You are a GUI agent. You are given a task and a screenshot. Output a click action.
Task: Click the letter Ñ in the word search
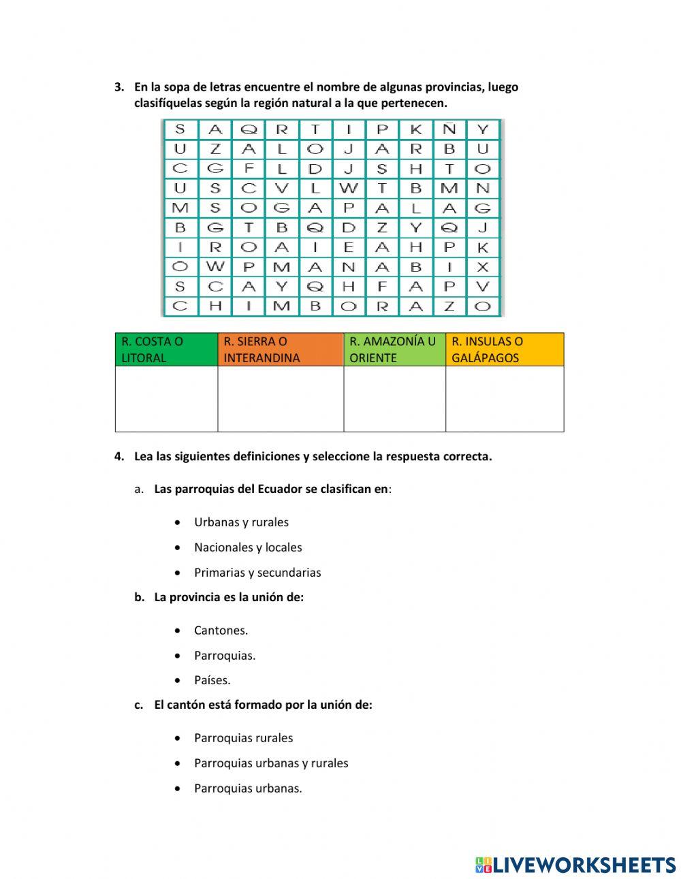click(x=449, y=129)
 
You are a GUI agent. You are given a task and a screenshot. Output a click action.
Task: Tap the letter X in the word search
click(x=483, y=268)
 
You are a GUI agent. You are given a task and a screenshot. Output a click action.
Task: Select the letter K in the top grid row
click(x=416, y=129)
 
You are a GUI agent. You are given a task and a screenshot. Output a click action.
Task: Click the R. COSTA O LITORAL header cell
click(x=166, y=350)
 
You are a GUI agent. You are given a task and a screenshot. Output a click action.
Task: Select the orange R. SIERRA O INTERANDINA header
click(x=280, y=350)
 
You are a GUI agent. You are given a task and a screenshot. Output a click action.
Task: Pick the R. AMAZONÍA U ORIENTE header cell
click(x=394, y=350)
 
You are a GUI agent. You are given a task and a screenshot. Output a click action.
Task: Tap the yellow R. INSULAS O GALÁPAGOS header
click(x=504, y=350)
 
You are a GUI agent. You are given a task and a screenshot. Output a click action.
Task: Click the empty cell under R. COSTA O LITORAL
click(x=166, y=399)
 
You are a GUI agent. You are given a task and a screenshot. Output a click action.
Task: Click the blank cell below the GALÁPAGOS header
click(x=504, y=399)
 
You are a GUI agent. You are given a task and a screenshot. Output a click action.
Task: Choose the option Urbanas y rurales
click(x=241, y=522)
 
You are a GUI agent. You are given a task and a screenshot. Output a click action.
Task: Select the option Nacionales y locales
click(x=248, y=547)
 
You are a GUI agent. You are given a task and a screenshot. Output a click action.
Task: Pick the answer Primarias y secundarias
click(x=257, y=573)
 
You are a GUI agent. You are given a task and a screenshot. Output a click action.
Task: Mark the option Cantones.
click(x=221, y=630)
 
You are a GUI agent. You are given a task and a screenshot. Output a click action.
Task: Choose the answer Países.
click(x=212, y=680)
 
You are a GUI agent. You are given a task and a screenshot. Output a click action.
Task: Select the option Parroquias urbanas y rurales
click(x=271, y=763)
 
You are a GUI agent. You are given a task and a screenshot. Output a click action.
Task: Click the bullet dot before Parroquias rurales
click(x=178, y=738)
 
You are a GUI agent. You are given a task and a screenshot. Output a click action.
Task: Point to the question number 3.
click(x=119, y=87)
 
